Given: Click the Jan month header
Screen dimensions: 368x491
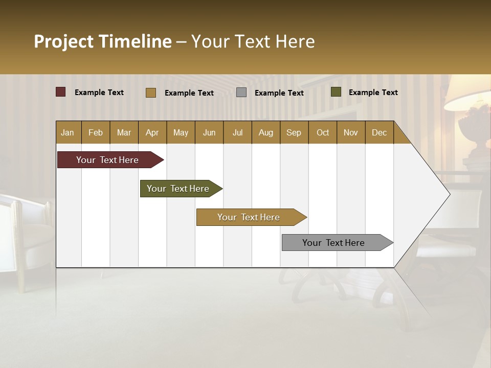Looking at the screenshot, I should pyautogui.click(x=68, y=132).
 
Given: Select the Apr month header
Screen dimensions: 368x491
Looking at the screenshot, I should pyautogui.click(x=152, y=132).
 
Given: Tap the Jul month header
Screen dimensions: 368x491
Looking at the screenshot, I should pyautogui.click(x=237, y=132).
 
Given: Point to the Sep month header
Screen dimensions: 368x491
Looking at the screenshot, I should pyautogui.click(x=294, y=132).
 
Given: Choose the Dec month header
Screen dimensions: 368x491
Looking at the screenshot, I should pyautogui.click(x=379, y=132).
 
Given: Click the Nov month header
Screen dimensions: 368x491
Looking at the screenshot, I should pyautogui.click(x=350, y=132).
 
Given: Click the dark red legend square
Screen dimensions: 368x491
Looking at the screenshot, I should pyautogui.click(x=61, y=92).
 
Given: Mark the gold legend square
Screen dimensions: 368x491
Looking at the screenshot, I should pyautogui.click(x=150, y=93).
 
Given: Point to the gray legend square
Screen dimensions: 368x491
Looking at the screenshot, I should pyautogui.click(x=241, y=92).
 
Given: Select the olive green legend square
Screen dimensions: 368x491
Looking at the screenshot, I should pyautogui.click(x=336, y=92).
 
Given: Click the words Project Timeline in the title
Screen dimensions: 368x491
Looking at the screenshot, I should pyautogui.click(x=102, y=41).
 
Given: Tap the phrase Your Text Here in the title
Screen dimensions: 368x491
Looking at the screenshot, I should pyautogui.click(x=253, y=41).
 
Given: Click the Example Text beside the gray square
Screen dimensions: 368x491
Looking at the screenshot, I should pyautogui.click(x=279, y=93).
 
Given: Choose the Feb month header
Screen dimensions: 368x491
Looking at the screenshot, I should pyautogui.click(x=96, y=132).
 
